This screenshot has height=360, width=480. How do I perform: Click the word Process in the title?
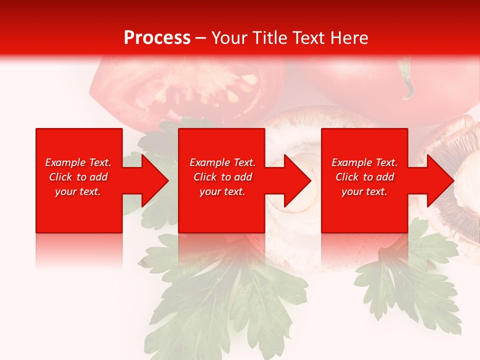tap(157, 38)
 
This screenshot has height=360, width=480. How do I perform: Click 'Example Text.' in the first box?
tap(78, 162)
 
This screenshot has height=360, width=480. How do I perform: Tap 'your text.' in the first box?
tap(78, 191)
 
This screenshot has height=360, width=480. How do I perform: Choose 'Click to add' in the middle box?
tap(222, 177)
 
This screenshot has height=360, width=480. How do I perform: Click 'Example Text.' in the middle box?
tap(222, 162)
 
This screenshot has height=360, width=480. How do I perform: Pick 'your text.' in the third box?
tap(364, 191)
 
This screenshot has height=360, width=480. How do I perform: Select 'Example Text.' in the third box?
tap(364, 162)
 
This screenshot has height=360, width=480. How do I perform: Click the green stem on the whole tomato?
tap(406, 80)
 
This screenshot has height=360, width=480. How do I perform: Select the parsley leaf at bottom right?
tap(410, 280)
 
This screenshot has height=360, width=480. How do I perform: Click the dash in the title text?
tap(200, 38)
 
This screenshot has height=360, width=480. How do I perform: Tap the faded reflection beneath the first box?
tap(79, 250)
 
